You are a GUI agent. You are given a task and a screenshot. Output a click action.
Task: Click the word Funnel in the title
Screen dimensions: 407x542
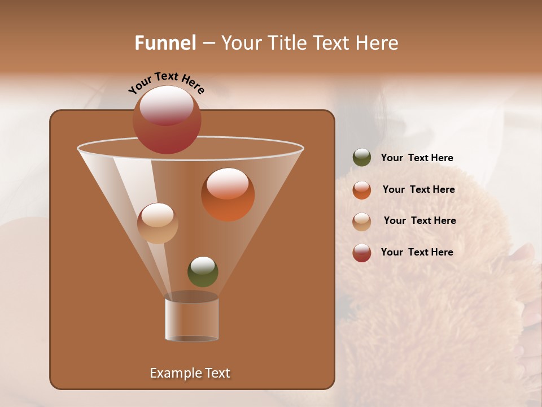click(x=165, y=42)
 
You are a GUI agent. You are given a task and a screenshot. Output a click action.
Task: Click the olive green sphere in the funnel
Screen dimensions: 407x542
click(x=203, y=272)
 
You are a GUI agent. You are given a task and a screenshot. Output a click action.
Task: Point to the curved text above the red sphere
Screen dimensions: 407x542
click(x=166, y=83)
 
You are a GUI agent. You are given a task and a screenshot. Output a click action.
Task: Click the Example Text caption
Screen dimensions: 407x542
click(x=190, y=373)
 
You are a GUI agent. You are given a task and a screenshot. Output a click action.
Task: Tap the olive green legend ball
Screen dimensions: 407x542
click(x=362, y=158)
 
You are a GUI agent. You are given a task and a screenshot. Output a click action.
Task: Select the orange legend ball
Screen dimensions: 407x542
click(x=362, y=190)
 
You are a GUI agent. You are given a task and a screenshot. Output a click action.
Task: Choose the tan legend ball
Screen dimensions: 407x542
click(x=362, y=222)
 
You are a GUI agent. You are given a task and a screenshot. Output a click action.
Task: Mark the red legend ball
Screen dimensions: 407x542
click(x=362, y=253)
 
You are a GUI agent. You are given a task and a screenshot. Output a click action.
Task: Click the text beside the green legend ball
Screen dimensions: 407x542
click(x=417, y=158)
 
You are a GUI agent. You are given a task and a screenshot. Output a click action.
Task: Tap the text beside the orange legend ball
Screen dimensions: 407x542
click(x=418, y=189)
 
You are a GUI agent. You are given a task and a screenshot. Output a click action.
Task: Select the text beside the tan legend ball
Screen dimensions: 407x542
click(x=419, y=220)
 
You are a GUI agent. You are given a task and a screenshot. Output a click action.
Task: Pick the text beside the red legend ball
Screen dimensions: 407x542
click(x=417, y=252)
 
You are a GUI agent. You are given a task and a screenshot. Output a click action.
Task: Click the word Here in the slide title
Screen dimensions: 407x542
click(x=377, y=42)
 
